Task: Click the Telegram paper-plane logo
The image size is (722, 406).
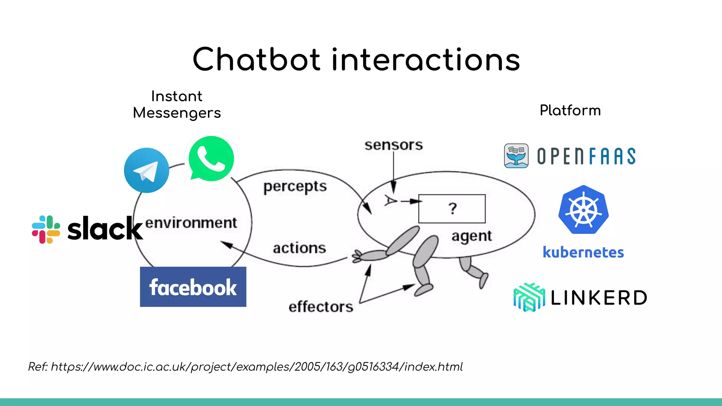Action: coord(146,170)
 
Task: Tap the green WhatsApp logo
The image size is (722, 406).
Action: coord(211,159)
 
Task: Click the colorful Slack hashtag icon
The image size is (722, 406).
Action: coord(46,229)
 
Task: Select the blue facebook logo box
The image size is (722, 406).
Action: coord(193,287)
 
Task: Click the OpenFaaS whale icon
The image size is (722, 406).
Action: coord(516,156)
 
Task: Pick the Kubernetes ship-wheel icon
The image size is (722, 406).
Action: coord(583,210)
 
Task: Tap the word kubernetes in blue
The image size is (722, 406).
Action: coord(583,252)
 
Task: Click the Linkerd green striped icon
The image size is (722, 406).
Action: coord(529,297)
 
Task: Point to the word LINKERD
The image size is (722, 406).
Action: coord(599,298)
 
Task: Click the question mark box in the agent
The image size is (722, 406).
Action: coord(452,209)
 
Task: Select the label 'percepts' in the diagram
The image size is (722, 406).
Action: coord(295,187)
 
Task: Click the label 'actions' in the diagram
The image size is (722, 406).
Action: coord(299,248)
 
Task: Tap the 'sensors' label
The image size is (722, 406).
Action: coord(393,145)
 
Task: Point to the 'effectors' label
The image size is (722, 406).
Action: coord(321,307)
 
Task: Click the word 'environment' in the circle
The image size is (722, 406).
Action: coord(191,223)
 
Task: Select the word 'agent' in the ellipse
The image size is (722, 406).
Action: coord(471,236)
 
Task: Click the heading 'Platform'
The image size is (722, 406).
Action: coord(570,110)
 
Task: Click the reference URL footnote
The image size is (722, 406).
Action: coord(245,367)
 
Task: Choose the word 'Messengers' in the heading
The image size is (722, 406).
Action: coord(177,113)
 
